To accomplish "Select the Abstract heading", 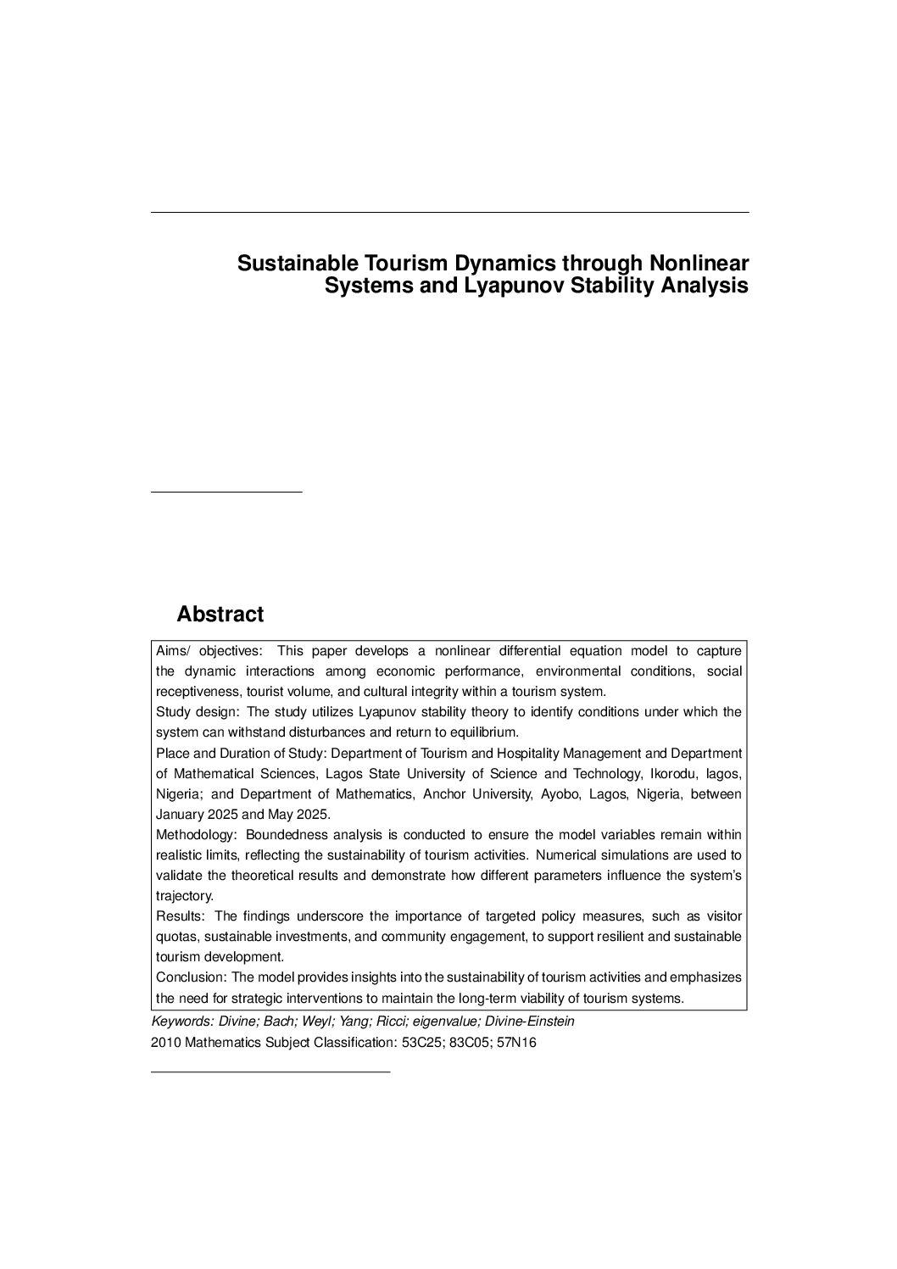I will click(220, 615).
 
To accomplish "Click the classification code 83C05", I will click(467, 1043).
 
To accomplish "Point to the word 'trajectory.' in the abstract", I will click(185, 896).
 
